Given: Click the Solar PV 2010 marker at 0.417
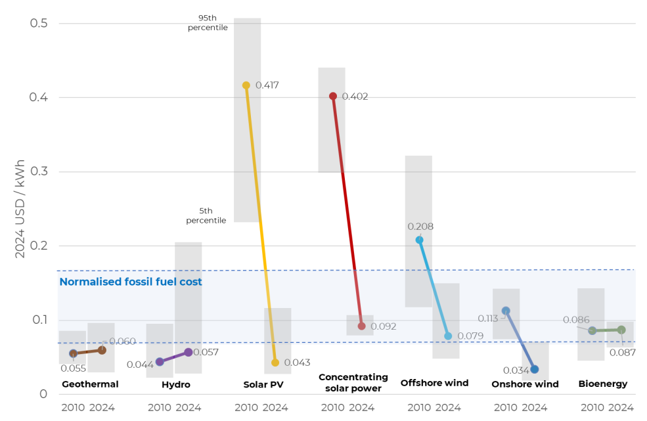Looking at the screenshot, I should tap(246, 85).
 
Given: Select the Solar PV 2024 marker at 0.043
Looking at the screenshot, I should tap(275, 363).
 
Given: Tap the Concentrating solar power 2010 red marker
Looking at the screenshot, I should tap(333, 96).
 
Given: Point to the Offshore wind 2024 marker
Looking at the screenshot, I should tap(448, 336).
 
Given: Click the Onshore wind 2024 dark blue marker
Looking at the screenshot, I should tap(535, 369).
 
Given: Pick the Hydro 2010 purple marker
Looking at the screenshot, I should tap(160, 362).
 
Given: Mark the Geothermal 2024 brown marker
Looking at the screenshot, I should tap(102, 350).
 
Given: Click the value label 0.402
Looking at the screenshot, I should tap(355, 97).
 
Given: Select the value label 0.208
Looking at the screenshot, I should tap(420, 227).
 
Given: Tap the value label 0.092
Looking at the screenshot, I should tap(384, 326).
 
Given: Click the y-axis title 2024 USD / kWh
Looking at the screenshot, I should tap(20, 209).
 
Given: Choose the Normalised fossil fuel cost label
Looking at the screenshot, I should tap(131, 282).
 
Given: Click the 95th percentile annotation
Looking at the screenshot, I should tap(208, 23).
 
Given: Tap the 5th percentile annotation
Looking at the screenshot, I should tap(206, 215).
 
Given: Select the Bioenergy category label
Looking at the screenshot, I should tap(602, 384).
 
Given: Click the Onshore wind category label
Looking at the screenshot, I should tap(525, 384).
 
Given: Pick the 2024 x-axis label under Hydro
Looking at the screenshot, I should tap(189, 407).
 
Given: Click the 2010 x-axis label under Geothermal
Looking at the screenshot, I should tap(73, 407).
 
